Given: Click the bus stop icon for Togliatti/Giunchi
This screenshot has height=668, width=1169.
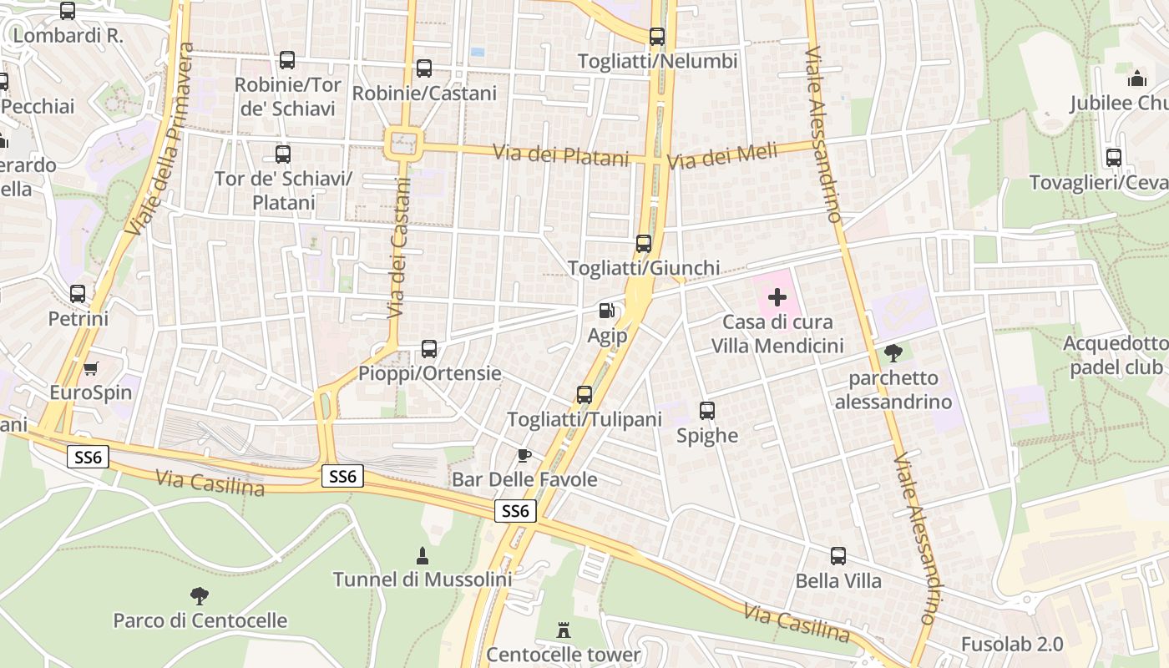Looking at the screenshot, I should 643,244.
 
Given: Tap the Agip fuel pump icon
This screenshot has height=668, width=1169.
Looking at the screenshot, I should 606,311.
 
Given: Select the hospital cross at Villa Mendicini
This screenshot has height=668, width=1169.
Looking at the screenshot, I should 777,296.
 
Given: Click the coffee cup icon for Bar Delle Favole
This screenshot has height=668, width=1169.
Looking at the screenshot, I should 524,455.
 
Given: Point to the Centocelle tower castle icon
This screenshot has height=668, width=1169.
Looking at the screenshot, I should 564,630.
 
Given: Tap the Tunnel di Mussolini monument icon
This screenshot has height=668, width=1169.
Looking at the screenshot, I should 422,555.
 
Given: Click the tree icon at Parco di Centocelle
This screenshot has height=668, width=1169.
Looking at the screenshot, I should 199,596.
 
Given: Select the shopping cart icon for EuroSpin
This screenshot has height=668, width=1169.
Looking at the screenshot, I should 90,368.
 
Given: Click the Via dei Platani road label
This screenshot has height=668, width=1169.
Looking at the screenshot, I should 560,155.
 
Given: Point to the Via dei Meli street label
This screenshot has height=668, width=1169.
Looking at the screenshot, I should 722,156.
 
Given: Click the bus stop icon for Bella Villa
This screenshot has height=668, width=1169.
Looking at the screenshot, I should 838,556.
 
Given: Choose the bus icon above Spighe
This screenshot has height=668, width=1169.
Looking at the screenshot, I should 707,411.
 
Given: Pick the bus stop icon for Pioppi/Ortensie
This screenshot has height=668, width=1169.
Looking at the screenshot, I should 429,349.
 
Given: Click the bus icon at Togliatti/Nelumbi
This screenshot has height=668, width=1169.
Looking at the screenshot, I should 657,37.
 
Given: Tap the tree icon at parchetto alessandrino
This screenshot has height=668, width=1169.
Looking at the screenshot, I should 893,353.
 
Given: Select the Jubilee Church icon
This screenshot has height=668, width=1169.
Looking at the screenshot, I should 1136,79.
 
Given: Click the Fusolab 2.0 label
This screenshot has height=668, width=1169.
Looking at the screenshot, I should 1012,645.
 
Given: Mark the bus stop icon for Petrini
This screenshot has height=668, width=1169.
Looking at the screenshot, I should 78,294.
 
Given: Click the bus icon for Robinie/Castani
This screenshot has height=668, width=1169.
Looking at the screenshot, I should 424,68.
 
